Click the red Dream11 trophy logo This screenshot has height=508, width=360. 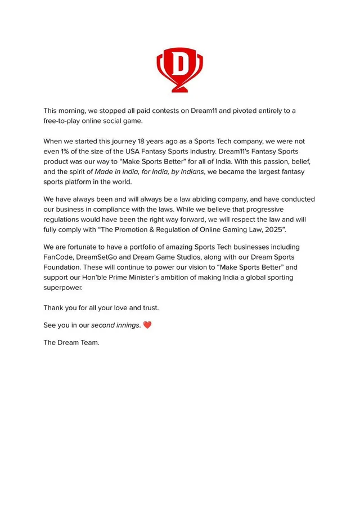[179, 70]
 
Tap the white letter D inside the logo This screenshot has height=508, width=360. [179, 65]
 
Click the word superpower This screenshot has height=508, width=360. [63, 288]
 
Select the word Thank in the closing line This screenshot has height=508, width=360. [55, 308]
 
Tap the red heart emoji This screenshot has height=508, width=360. [147, 325]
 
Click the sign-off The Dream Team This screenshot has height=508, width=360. [71, 342]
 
